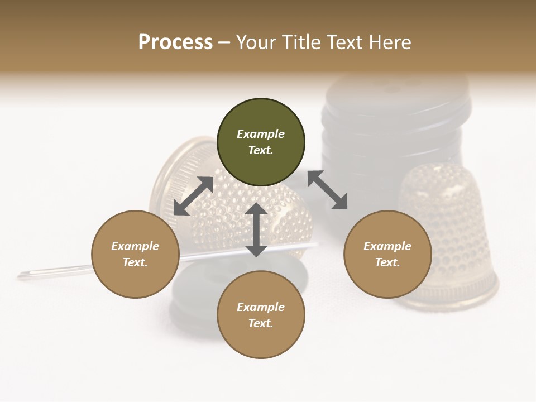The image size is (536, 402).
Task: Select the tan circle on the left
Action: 135,254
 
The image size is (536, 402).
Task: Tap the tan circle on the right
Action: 387,254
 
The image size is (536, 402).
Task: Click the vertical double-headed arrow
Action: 256,229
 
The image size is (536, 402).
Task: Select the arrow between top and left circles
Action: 194,196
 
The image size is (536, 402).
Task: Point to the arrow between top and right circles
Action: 328,190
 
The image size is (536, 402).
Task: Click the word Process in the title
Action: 175,42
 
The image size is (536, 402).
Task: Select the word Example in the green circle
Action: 261,134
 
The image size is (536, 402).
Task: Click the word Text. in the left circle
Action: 135,262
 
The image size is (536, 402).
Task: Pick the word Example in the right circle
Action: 387,246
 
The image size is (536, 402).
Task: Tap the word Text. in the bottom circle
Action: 261,323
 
